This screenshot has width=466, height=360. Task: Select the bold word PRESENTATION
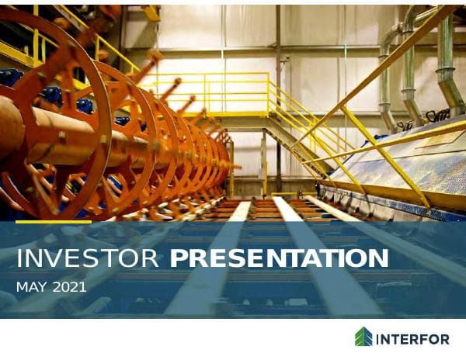tap(280, 259)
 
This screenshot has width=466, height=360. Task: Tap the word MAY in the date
tap(31, 288)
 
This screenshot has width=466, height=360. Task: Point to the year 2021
tap(69, 288)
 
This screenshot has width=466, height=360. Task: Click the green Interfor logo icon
tap(363, 337)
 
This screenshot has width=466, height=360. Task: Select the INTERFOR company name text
tap(412, 338)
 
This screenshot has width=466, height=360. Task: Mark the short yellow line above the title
tap(53, 222)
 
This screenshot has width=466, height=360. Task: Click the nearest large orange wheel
tap(54, 116)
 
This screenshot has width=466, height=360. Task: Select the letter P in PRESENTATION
tap(178, 259)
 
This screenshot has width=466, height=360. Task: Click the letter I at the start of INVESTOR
tap(19, 259)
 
